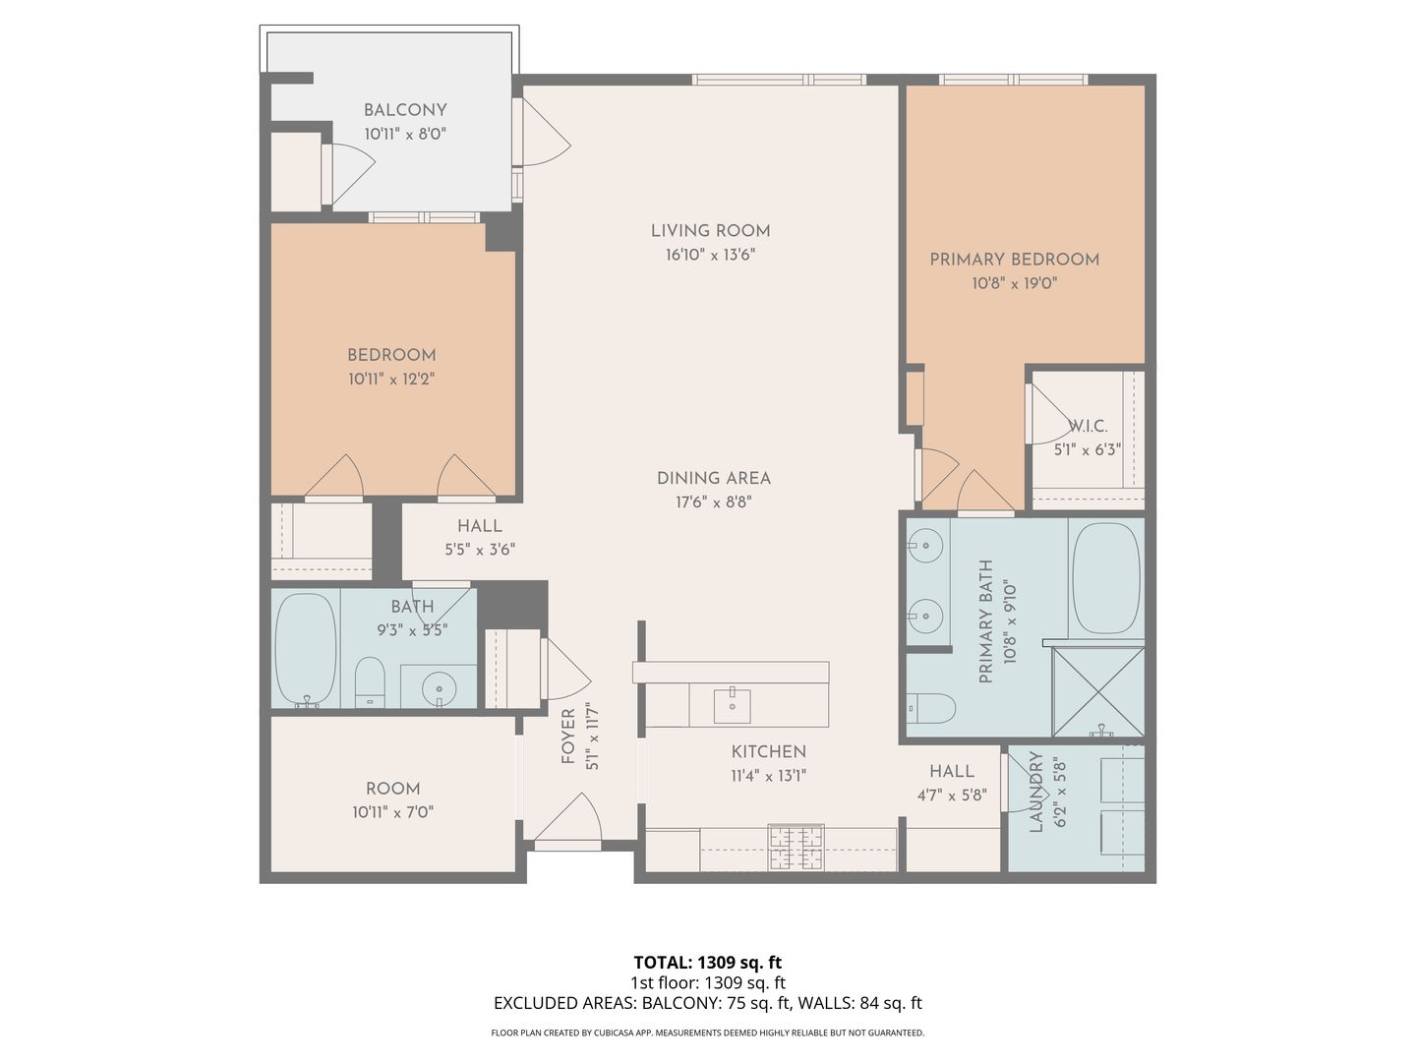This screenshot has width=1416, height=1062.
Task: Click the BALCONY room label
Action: tap(405, 110)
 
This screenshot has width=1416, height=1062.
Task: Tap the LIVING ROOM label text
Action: tap(710, 231)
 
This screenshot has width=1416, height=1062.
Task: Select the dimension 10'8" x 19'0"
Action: tap(1014, 283)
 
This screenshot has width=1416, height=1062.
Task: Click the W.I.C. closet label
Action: tap(1088, 426)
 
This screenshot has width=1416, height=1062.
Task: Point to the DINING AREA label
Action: tap(713, 478)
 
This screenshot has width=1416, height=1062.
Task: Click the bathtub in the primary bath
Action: tap(1105, 578)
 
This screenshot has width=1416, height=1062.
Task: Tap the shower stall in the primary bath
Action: tap(1098, 691)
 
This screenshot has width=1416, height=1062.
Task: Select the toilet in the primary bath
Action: tap(932, 708)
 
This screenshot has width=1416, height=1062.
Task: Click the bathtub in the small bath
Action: tap(305, 649)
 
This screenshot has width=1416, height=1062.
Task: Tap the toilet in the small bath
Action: tap(370, 680)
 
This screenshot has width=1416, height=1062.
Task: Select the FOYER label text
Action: tap(568, 737)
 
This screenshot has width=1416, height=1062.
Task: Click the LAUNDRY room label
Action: tap(1035, 793)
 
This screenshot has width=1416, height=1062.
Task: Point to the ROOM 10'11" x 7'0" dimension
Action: tap(392, 812)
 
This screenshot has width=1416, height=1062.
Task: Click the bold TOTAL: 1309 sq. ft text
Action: tap(707, 962)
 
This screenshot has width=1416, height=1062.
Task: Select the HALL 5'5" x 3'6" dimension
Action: tap(480, 550)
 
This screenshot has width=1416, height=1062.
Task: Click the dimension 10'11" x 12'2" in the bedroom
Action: tap(391, 379)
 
